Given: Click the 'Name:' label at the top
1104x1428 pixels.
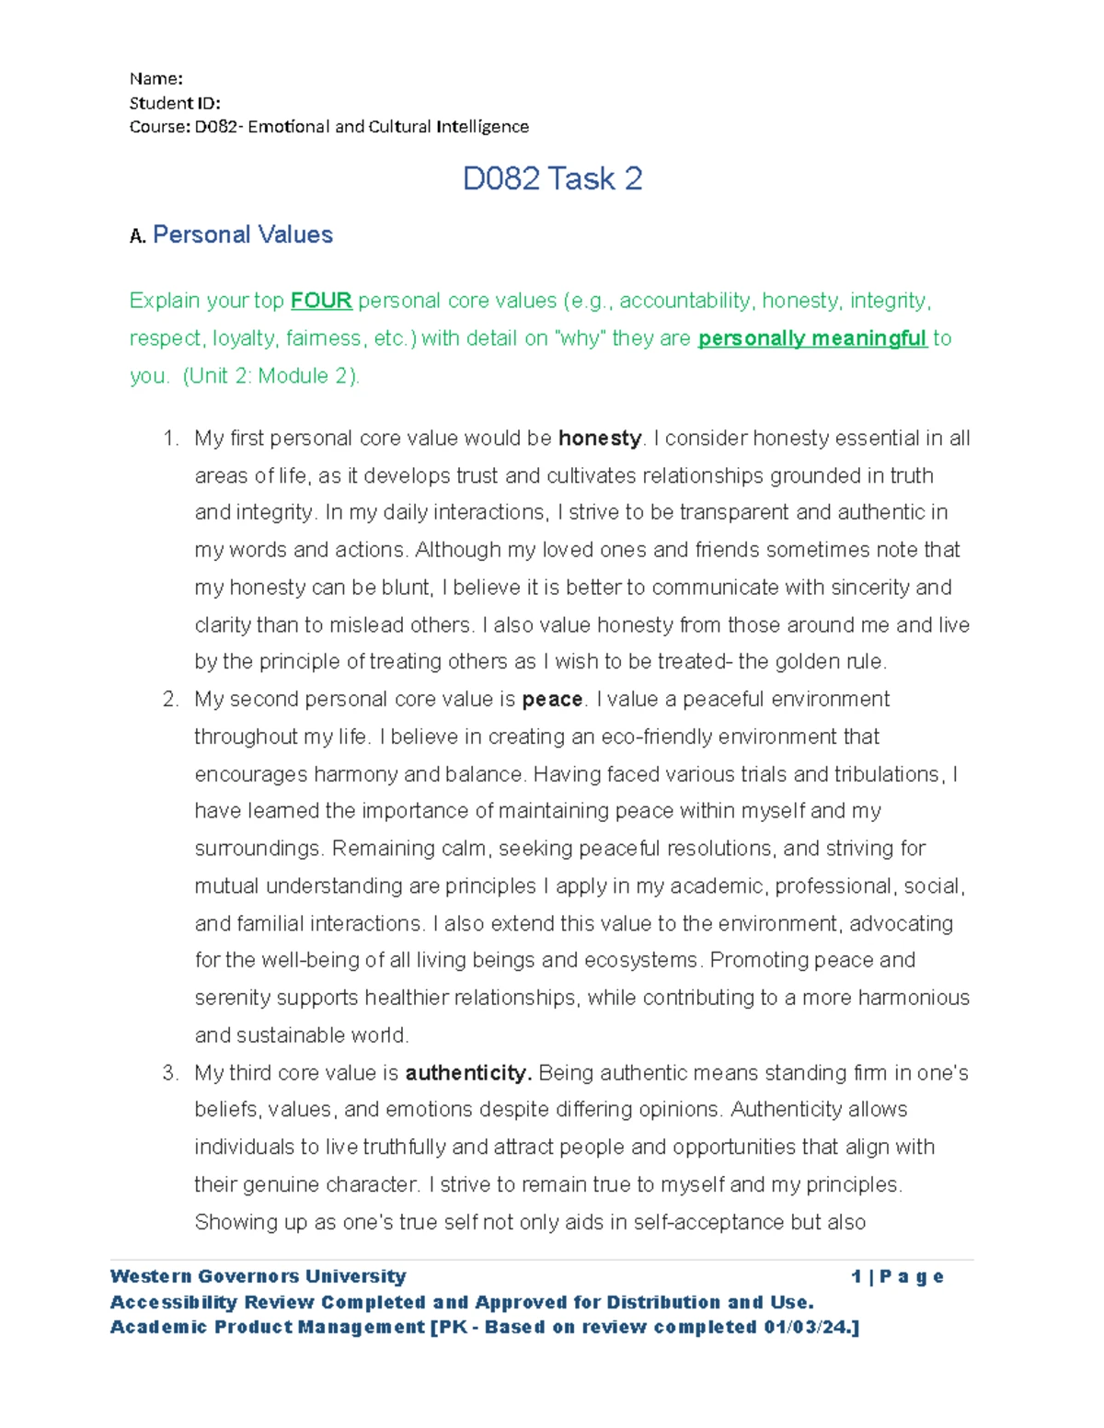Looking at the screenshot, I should pyautogui.click(x=155, y=78).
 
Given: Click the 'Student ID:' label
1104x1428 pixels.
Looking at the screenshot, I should pyautogui.click(x=174, y=102).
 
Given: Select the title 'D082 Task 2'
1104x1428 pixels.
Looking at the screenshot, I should pyautogui.click(x=552, y=178).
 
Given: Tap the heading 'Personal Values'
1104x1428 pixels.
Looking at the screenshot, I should pyautogui.click(x=242, y=234).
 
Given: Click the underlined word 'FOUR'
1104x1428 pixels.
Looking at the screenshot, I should pyautogui.click(x=321, y=301).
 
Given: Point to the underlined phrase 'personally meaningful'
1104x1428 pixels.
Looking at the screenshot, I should pyautogui.click(x=811, y=338).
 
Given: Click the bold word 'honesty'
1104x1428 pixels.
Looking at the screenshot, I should pyautogui.click(x=599, y=439).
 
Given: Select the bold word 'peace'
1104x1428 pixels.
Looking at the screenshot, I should pyautogui.click(x=552, y=700).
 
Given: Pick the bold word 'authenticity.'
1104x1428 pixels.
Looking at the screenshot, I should pyautogui.click(x=467, y=1073).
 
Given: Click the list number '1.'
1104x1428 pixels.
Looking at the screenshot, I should pyautogui.click(x=170, y=439).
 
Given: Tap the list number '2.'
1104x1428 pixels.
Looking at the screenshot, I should pyautogui.click(x=170, y=700).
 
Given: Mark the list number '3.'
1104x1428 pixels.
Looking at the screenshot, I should pyautogui.click(x=170, y=1073).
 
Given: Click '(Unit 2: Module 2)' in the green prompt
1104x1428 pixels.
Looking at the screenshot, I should pyautogui.click(x=270, y=376).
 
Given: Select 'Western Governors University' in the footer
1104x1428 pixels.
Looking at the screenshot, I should pyautogui.click(x=258, y=1276).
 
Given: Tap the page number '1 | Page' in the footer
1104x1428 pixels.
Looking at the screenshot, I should pyautogui.click(x=897, y=1276).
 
